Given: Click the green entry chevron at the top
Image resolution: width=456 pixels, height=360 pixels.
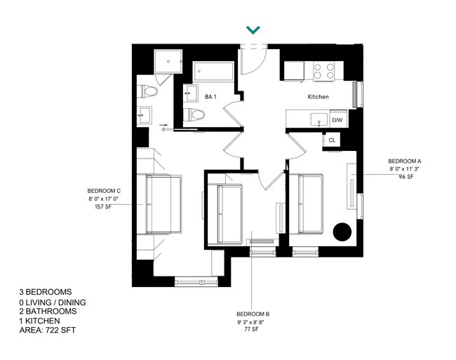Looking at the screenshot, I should coord(253,29).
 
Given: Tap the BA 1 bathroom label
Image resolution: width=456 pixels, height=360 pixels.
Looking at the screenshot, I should coord(210,97).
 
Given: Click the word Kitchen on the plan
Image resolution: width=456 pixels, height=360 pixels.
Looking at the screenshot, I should coord(319,98).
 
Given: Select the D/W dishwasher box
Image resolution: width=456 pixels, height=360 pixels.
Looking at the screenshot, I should coord(337,120).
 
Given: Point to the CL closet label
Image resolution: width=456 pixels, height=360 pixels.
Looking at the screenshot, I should coord(332,140).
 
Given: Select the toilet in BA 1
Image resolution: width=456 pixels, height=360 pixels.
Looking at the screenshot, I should coord(194,116).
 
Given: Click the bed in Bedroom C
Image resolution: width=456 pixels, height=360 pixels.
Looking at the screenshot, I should coord(163,204).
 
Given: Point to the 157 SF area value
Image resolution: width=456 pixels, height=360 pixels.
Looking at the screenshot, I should coord(104,208).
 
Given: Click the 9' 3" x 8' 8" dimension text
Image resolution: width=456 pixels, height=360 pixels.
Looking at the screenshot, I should coord(253,321).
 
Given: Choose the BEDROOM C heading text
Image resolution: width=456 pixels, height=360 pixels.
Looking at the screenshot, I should coord(105,191).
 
